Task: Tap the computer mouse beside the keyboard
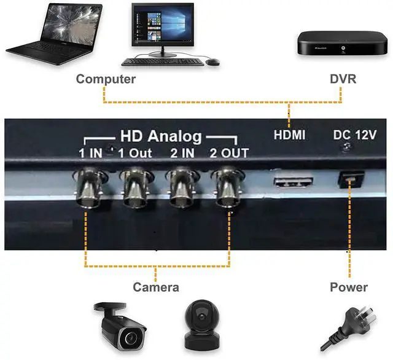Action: tap(212, 62)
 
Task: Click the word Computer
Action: tap(106, 79)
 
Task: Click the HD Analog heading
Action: tap(161, 137)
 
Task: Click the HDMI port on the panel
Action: tap(292, 182)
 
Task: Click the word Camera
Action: tap(156, 288)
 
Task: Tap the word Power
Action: tap(349, 288)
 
